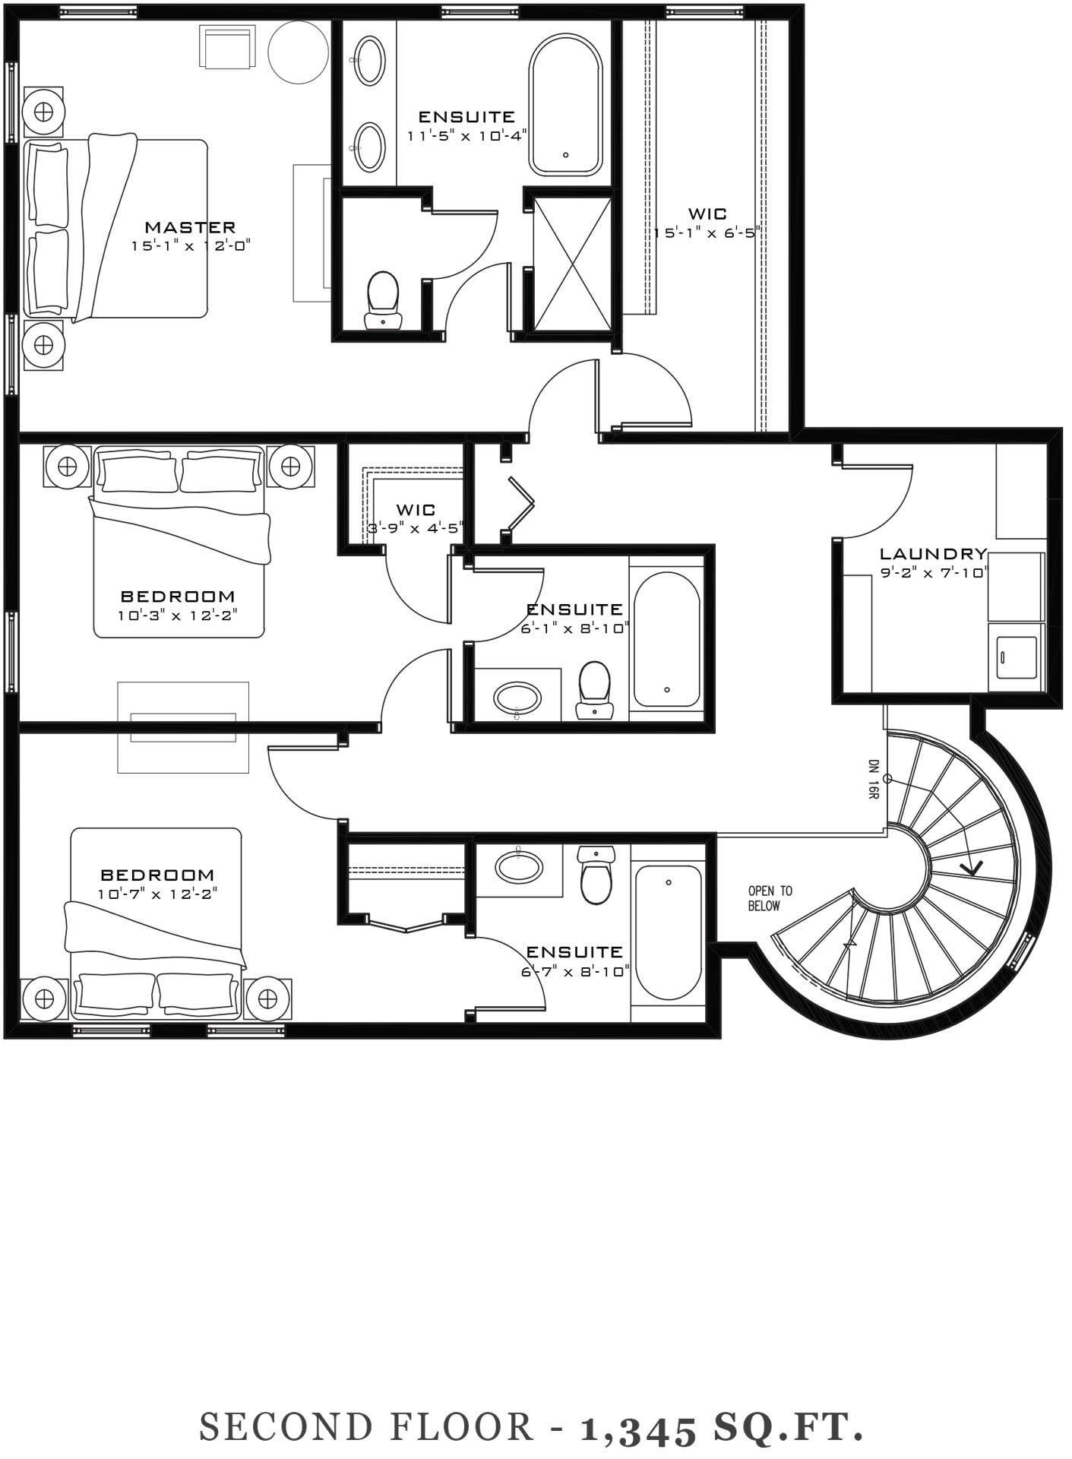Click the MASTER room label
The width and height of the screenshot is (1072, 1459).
(190, 226)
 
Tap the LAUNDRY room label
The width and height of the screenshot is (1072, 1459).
(934, 554)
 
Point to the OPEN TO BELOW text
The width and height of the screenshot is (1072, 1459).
(770, 898)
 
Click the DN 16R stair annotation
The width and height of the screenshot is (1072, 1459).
(874, 778)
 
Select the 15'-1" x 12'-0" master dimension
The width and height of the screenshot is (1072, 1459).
(191, 245)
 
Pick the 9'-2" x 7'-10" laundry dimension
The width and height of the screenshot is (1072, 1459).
(934, 573)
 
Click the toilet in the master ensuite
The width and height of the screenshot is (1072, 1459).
(382, 300)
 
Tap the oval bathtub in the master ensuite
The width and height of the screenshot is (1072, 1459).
(566, 104)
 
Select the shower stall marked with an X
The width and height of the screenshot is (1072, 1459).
(572, 263)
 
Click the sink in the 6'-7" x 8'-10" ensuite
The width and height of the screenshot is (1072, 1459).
(520, 866)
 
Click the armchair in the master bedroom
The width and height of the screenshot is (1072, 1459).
(228, 46)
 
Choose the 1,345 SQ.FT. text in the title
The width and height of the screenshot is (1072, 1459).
(722, 1429)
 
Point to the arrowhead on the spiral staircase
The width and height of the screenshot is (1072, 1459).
(971, 866)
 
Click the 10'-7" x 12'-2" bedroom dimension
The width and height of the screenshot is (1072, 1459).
(157, 894)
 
